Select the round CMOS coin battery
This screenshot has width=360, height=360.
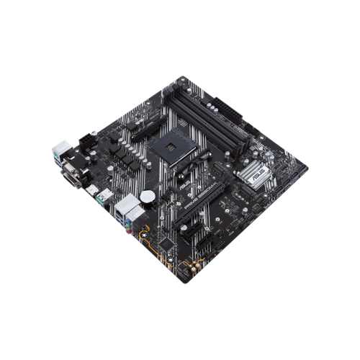click(147, 196)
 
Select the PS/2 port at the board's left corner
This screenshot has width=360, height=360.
click(58, 152)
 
